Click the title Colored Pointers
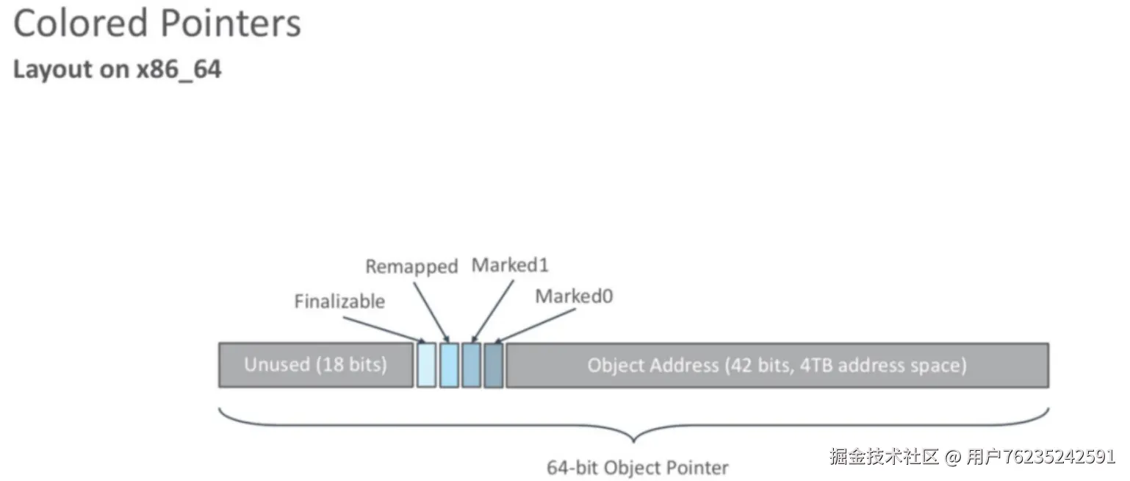(x=157, y=24)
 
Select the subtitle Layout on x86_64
(x=117, y=70)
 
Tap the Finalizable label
(x=339, y=302)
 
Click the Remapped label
(x=411, y=266)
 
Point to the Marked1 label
(x=510, y=265)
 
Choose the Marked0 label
(x=574, y=296)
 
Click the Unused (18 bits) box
(x=316, y=365)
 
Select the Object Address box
(x=777, y=366)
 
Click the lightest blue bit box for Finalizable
(x=426, y=365)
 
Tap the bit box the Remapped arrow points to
(x=449, y=365)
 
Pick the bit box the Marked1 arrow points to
(x=471, y=365)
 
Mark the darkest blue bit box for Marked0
(x=494, y=365)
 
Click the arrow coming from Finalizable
(x=384, y=329)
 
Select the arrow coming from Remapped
(x=431, y=312)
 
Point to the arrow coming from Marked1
(x=492, y=311)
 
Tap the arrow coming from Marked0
(x=535, y=326)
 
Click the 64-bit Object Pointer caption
(x=638, y=468)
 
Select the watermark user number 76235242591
(x=1059, y=456)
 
